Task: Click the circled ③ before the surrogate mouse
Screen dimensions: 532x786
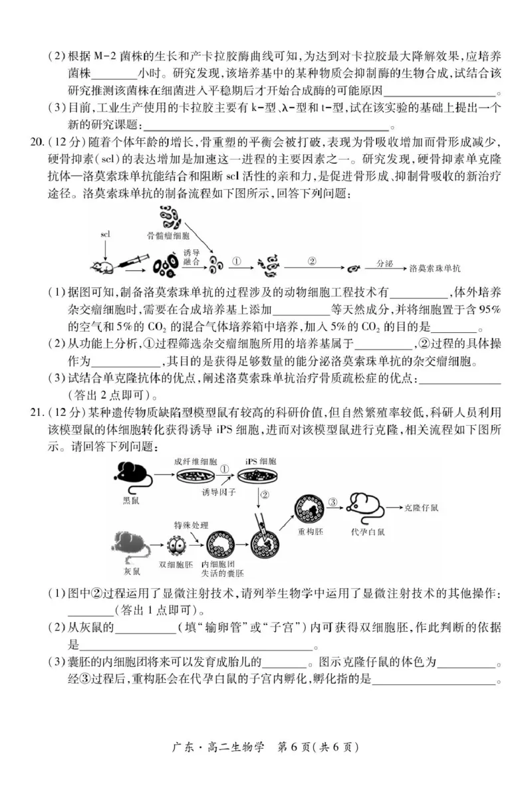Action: pos(334,502)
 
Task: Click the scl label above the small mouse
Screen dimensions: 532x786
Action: pos(105,235)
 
